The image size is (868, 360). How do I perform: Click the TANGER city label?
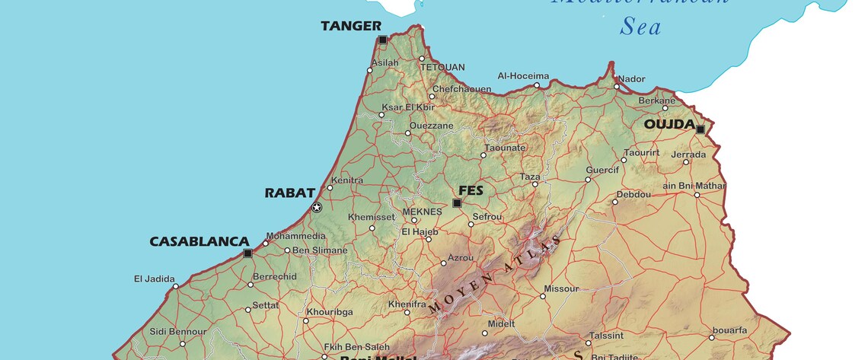(350, 26)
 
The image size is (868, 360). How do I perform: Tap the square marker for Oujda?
(700, 129)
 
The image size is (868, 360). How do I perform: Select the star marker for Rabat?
(317, 207)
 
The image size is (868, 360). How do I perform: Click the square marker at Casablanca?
(247, 253)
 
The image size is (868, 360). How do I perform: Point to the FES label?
(471, 190)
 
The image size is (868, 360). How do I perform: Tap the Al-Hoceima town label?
(523, 76)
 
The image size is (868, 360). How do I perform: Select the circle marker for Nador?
(617, 86)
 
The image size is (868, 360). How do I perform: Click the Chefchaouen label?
(461, 89)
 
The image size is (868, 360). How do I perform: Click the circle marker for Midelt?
(484, 333)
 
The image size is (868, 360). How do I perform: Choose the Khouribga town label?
(329, 312)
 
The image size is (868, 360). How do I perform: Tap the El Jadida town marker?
(175, 286)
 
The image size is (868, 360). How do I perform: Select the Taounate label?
(505, 148)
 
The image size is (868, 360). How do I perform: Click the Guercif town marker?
(588, 180)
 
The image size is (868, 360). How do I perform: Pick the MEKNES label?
(421, 212)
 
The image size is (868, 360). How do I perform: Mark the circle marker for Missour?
(544, 296)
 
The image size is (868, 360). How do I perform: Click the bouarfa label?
(728, 330)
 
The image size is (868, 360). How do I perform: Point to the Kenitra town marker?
(330, 188)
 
